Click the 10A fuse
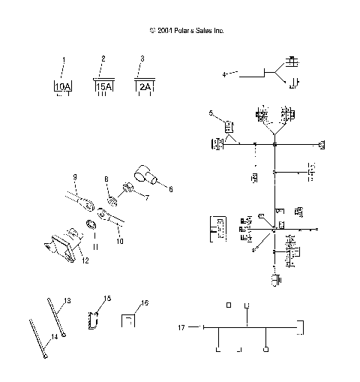pyautogui.click(x=63, y=87)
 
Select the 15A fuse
pyautogui.click(x=103, y=86)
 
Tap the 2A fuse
pyautogui.click(x=144, y=86)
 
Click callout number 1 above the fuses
pyautogui.click(x=64, y=59)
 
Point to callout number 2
pyautogui.click(x=103, y=58)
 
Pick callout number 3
pyautogui.click(x=142, y=58)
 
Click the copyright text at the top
pyautogui.click(x=187, y=31)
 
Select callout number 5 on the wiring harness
pyautogui.click(x=211, y=113)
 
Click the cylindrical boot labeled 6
pyautogui.click(x=146, y=174)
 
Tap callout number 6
pyautogui.click(x=170, y=190)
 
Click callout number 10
pyautogui.click(x=119, y=242)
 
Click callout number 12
pyautogui.click(x=85, y=260)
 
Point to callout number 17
pyautogui.click(x=181, y=327)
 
